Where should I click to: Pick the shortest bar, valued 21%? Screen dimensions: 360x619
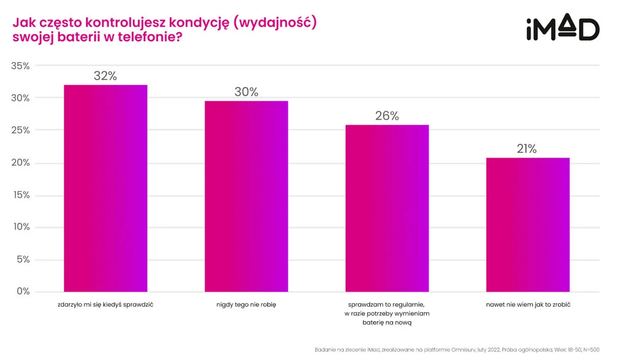[527, 224]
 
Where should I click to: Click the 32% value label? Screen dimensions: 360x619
[105, 76]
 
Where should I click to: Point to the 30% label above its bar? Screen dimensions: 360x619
[246, 92]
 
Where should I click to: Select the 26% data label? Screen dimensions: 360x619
[387, 116]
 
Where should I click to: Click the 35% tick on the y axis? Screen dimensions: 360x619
[21, 66]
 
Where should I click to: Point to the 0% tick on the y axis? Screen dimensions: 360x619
[23, 291]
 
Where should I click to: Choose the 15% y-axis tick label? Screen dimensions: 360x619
[21, 195]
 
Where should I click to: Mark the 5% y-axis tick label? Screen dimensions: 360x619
[23, 259]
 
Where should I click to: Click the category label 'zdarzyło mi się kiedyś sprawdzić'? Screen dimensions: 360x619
[105, 304]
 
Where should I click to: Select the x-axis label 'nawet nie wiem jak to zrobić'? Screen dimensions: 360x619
[527, 304]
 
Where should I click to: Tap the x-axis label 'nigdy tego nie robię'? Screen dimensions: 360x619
[246, 304]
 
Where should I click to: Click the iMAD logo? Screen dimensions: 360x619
[562, 29]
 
